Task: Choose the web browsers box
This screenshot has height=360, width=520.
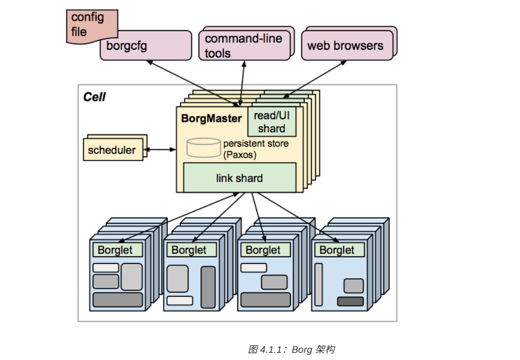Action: tap(345, 46)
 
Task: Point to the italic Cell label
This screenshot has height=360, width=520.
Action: tap(94, 97)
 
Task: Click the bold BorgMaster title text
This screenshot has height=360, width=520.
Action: tap(211, 119)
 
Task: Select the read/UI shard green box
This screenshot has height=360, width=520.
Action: tap(272, 121)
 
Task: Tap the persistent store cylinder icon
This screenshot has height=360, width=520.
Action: tap(203, 148)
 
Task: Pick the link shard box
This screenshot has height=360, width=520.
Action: tap(239, 178)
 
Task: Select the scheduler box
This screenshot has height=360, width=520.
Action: tap(111, 150)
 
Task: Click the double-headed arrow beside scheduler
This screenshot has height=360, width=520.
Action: tap(160, 150)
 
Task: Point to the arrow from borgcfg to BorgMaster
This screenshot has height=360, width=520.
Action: tap(191, 82)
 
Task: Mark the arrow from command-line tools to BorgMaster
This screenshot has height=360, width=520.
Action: tap(243, 81)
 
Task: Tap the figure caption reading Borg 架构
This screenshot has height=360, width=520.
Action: tap(291, 349)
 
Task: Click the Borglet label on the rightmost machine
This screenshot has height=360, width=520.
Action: tap(337, 250)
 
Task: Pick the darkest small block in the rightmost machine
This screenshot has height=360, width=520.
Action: tap(350, 301)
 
